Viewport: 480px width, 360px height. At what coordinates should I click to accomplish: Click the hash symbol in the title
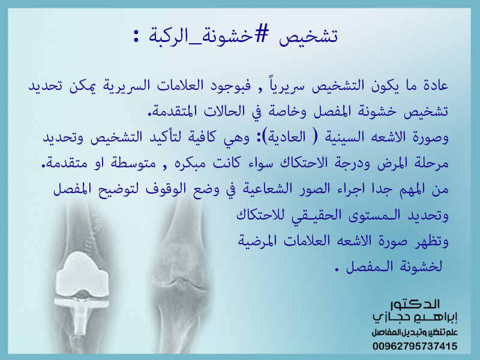(261, 35)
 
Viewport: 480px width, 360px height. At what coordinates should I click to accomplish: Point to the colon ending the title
(136, 36)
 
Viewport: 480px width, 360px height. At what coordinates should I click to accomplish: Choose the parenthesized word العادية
(287, 137)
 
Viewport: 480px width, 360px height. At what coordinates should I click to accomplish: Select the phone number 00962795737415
(415, 346)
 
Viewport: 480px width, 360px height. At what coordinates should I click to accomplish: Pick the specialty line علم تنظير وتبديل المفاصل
(415, 332)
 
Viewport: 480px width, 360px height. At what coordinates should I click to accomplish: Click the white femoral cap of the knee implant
(82, 275)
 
